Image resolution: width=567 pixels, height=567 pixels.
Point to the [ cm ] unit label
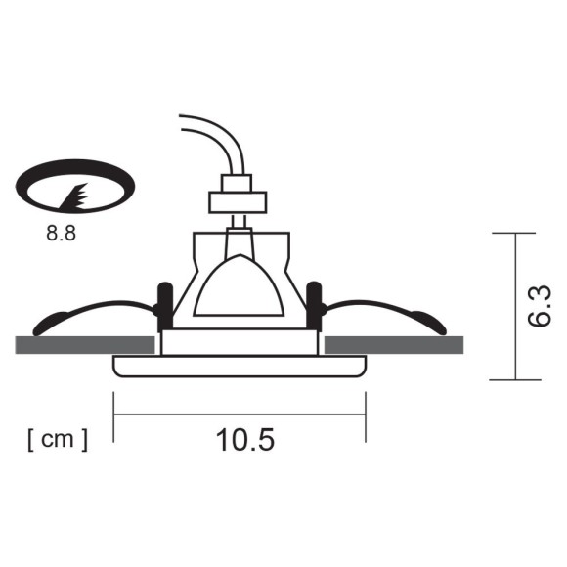[58, 439]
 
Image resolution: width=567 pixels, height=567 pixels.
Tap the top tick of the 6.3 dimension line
[514, 234]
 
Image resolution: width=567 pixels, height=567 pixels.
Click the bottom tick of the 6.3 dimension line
[514, 379]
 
